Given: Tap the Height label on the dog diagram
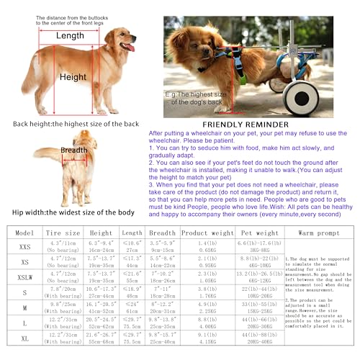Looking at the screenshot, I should (73, 77).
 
